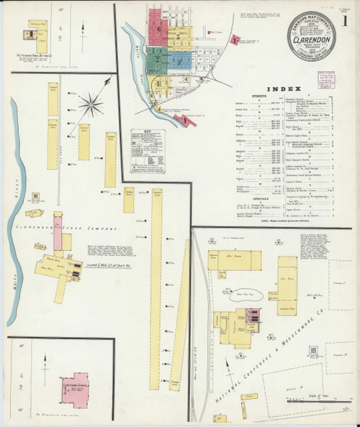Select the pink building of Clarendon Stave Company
coord(57,241)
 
